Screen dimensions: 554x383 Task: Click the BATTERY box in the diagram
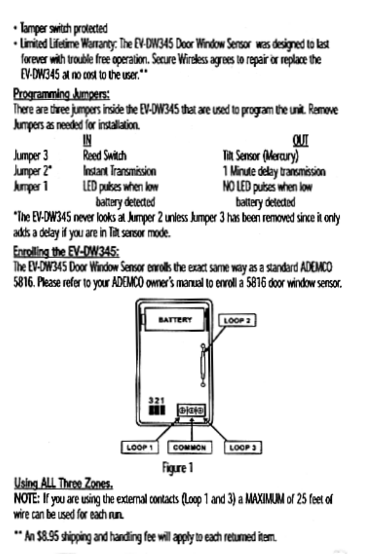pyautogui.click(x=175, y=320)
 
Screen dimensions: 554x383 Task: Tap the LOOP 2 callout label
pyautogui.click(x=237, y=320)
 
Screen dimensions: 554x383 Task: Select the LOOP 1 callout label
pyautogui.click(x=140, y=447)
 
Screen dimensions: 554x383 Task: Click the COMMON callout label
pyautogui.click(x=189, y=447)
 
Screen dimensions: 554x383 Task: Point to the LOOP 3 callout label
pyautogui.click(x=243, y=447)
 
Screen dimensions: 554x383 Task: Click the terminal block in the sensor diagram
pyautogui.click(x=191, y=410)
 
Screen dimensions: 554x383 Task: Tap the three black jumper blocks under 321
pyautogui.click(x=156, y=410)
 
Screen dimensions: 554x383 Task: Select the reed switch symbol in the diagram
pyautogui.click(x=203, y=365)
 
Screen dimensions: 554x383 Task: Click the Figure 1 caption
pyautogui.click(x=178, y=467)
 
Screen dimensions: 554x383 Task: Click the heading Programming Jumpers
pyautogui.click(x=61, y=93)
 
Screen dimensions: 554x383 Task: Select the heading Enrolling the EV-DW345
pyautogui.click(x=66, y=252)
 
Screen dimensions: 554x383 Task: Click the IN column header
pyautogui.click(x=87, y=140)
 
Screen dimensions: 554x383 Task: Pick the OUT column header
pyautogui.click(x=300, y=140)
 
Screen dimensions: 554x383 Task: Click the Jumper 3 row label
pyautogui.click(x=31, y=155)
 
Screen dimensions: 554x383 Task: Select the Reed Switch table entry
pyautogui.click(x=105, y=155)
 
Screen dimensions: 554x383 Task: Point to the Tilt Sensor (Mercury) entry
pyautogui.click(x=261, y=155)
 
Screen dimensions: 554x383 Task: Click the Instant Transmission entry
pyautogui.click(x=119, y=171)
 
